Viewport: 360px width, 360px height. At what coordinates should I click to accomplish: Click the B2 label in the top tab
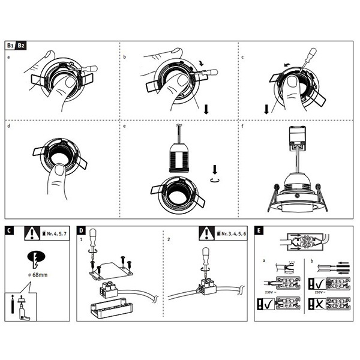pos(21,45)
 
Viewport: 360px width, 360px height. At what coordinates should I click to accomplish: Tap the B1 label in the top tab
pos(10,45)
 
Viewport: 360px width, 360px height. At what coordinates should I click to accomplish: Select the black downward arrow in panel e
pos(217,169)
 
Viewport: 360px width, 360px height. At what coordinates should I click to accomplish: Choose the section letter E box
pos(259,230)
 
